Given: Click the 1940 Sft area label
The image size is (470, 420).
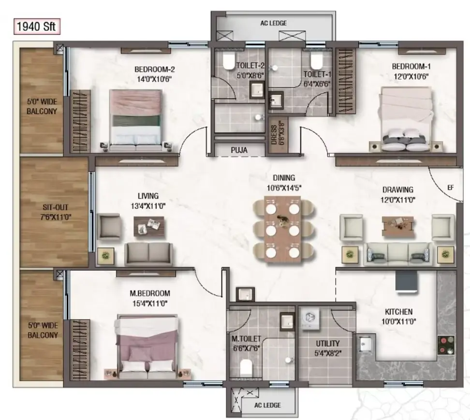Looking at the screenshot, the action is pos(37,27).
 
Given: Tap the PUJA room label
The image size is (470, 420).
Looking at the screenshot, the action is pos(239,150).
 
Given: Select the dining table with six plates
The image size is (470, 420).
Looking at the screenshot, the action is pos(282,229).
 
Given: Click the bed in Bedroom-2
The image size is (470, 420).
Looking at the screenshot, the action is pos(136,120).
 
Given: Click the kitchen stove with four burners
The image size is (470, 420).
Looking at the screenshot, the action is pos(446,345).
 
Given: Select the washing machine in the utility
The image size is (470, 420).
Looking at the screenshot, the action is pos(309,318).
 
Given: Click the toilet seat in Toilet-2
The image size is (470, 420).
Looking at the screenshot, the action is pos(229,61).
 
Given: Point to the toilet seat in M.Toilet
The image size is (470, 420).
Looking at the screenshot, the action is pos(246,368).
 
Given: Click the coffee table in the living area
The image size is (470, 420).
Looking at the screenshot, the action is pos(149,227).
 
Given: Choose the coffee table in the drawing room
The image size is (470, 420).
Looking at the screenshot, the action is pos(397,226).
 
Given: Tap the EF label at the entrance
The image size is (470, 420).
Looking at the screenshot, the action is pos(450,188).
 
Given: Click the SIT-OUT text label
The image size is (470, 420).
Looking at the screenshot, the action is pos(55,207).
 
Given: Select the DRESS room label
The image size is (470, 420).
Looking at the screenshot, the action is pos(274,135).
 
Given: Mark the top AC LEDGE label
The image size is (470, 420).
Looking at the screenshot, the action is pos(273,23).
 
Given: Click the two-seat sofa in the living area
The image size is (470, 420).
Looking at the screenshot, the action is pos(148,254).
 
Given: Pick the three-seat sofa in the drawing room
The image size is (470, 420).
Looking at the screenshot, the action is pos(397,254).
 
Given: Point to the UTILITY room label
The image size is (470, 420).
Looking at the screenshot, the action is pos(327,343).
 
